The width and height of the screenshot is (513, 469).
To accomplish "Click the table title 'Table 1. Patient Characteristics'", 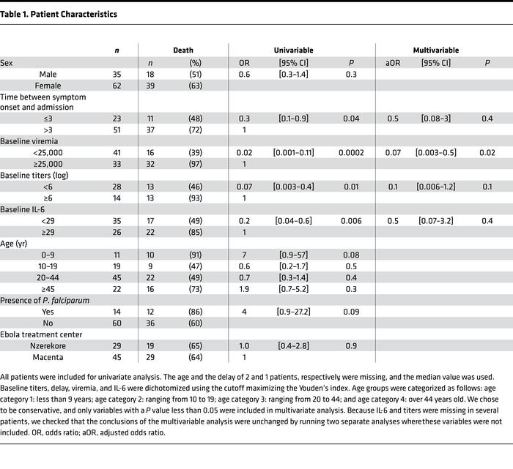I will tap(59, 14).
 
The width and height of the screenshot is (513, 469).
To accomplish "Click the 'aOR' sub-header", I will tap(393, 63).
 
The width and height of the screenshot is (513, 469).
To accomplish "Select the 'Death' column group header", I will tap(182, 50).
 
